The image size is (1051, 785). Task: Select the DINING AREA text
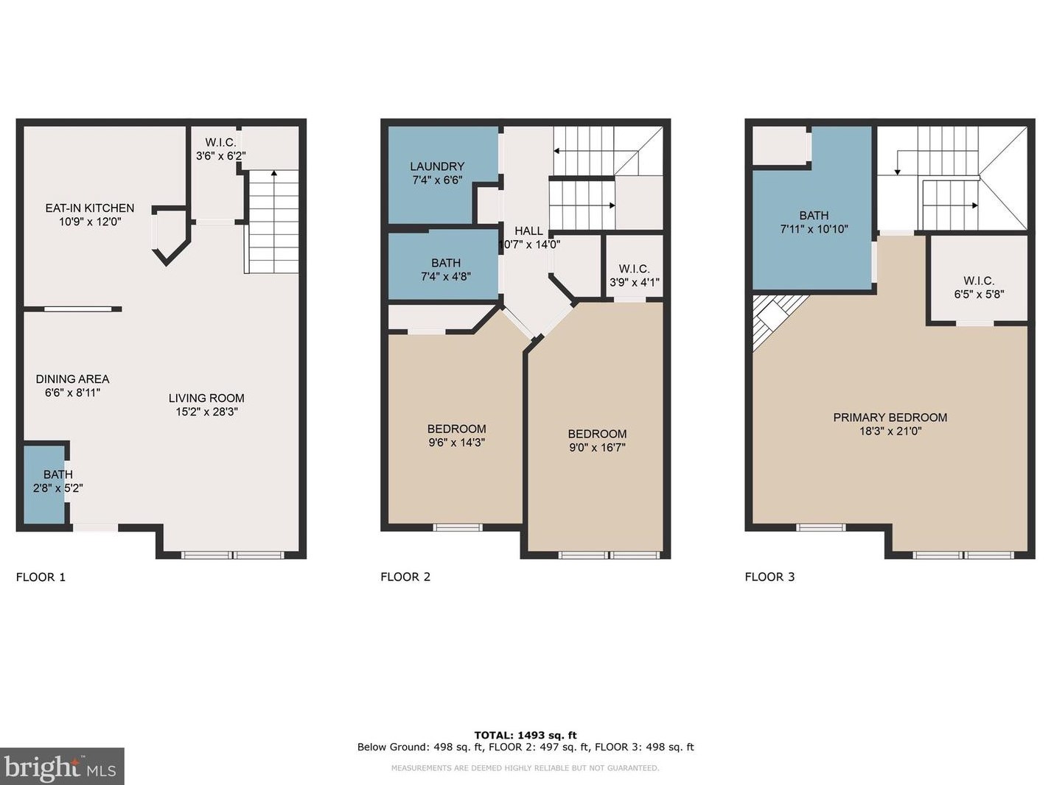click(72, 379)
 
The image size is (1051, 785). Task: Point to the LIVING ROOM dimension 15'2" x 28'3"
click(206, 412)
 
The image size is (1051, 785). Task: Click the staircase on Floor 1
click(273, 222)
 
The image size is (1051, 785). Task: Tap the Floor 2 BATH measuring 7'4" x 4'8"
click(445, 270)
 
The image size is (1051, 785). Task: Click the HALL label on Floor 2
click(528, 231)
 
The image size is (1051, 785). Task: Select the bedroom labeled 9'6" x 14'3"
click(456, 435)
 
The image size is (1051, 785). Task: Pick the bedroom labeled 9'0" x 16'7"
click(597, 440)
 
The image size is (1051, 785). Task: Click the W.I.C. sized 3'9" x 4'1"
click(634, 275)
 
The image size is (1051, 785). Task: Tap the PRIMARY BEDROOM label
click(890, 418)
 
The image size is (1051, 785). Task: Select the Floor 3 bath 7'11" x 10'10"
click(814, 222)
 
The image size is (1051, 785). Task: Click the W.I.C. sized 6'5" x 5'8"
click(978, 287)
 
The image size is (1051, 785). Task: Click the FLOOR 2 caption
click(405, 577)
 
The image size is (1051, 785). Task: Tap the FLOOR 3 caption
click(769, 577)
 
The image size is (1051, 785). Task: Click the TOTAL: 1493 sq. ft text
click(525, 735)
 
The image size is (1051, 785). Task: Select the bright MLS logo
click(62, 767)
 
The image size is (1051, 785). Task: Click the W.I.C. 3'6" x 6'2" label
click(220, 149)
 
